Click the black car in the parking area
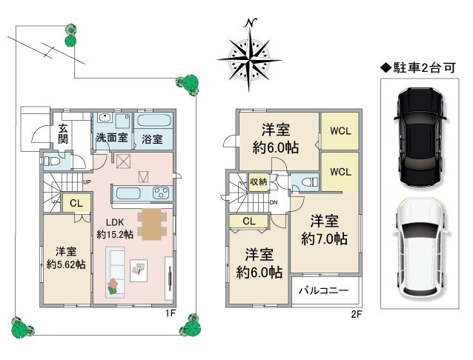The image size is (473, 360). (420, 137)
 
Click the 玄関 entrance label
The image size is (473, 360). (63, 134)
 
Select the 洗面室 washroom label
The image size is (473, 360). (112, 138)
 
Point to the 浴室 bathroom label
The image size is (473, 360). (152, 139)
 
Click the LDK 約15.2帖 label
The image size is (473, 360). (115, 228)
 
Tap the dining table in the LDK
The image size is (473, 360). (152, 224)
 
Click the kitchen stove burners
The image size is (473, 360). (161, 193)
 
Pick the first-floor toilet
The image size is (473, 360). (52, 161)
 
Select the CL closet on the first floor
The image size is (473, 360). (76, 203)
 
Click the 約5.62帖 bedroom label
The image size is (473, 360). (66, 258)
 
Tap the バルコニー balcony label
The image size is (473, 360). (323, 290)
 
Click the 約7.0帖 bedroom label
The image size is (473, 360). (324, 230)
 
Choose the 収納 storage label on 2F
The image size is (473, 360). (259, 181)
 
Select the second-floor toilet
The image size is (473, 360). (308, 181)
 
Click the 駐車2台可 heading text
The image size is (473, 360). (418, 68)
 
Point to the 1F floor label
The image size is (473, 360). (170, 313)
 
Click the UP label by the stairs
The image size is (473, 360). (87, 182)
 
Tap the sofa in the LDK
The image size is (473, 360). (115, 273)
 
